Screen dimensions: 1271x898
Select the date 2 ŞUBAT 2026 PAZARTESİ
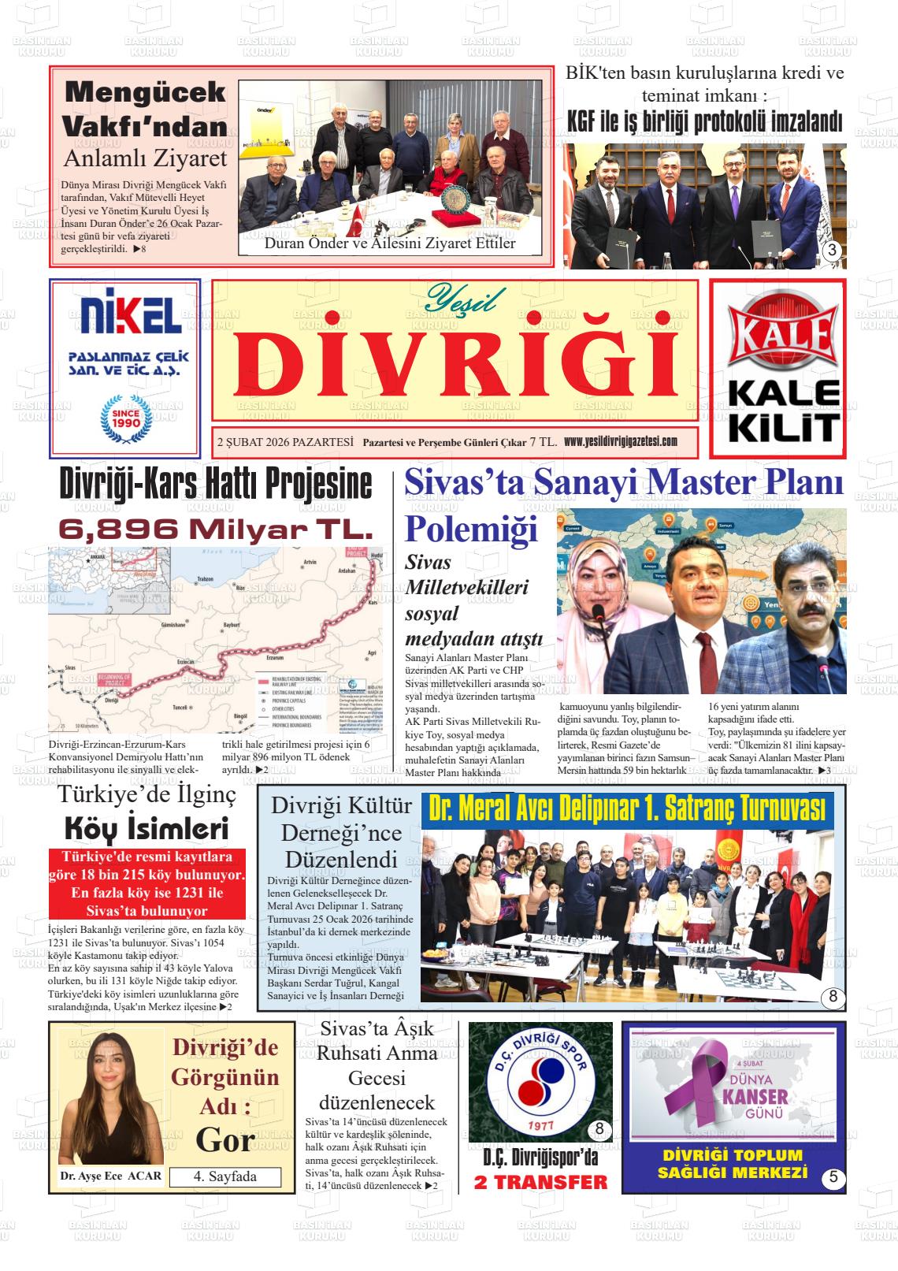click(284, 442)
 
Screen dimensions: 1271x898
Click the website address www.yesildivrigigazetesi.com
click(620, 441)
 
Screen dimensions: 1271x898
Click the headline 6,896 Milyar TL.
click(215, 527)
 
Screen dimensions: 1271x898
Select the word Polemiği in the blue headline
click(471, 527)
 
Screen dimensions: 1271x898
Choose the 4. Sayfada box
click(225, 1176)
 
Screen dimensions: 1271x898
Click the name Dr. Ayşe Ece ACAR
click(110, 1176)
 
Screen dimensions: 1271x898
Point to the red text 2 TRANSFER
click(540, 1182)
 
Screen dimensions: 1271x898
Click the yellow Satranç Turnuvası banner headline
click(627, 808)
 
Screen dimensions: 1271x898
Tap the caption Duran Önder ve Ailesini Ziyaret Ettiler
click(390, 243)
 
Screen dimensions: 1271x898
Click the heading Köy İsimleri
click(146, 829)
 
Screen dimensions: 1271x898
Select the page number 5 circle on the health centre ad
click(832, 1179)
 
